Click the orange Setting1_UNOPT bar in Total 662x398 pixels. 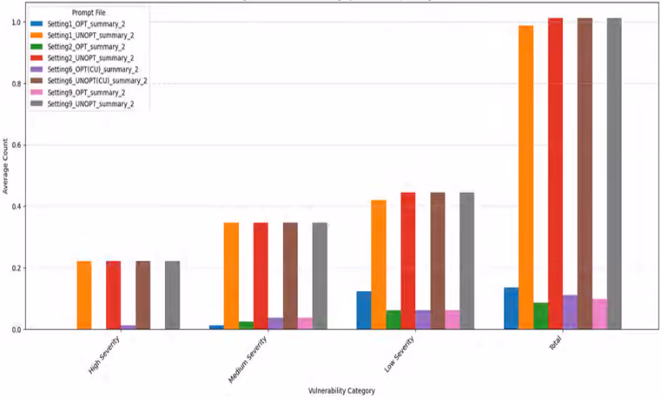pyautogui.click(x=526, y=177)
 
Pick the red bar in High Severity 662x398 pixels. pyautogui.click(x=113, y=295)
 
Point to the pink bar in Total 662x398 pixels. pyautogui.click(x=599, y=314)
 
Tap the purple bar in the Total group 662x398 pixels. pyautogui.click(x=570, y=312)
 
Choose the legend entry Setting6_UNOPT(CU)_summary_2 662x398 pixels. pyautogui.click(x=97, y=81)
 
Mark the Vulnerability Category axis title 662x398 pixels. pyautogui.click(x=342, y=391)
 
